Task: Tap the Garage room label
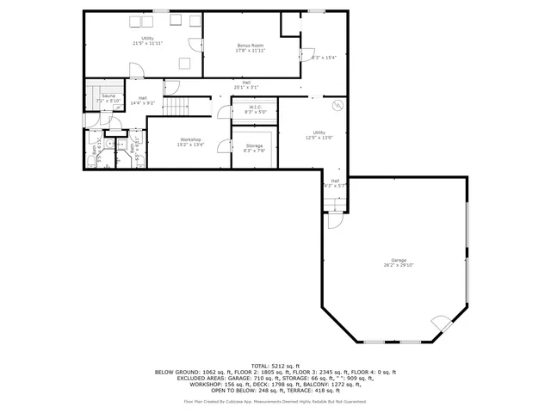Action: point(398,260)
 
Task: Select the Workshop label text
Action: point(190,139)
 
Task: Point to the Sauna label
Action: point(108,96)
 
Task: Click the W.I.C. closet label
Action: point(256,107)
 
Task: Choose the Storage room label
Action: point(254,146)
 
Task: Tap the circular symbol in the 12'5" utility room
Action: point(339,105)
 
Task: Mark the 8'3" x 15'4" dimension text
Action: point(322,58)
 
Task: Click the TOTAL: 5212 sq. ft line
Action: point(275,366)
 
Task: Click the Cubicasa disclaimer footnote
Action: point(275,401)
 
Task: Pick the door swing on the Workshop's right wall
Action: point(224,146)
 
